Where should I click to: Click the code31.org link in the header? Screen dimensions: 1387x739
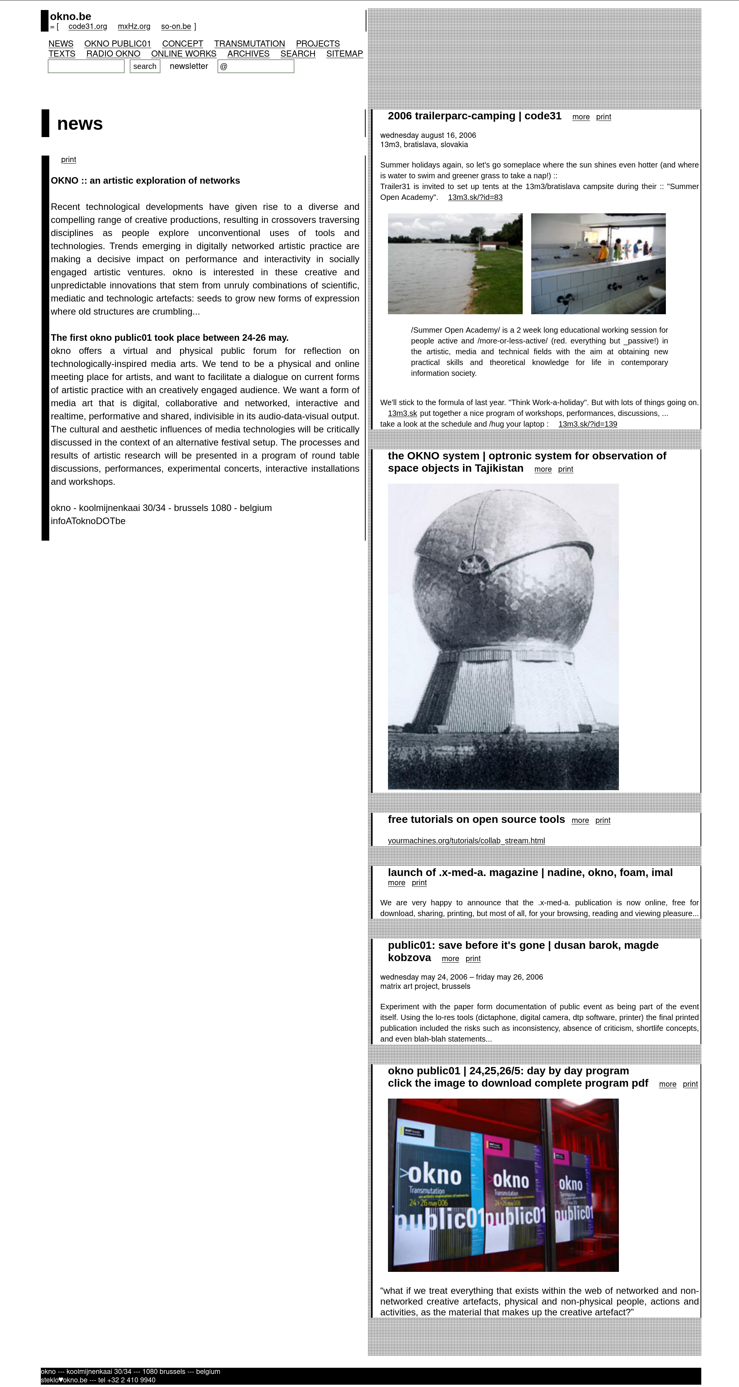(88, 27)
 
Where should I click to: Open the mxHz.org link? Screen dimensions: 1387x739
(134, 27)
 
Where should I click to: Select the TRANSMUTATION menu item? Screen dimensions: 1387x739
(249, 44)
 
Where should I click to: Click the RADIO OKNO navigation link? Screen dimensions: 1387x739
(113, 54)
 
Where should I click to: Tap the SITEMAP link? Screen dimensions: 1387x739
(344, 54)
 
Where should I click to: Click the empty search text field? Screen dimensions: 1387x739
(86, 66)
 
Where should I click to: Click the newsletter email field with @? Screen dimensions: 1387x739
(256, 66)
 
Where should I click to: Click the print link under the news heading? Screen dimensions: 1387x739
(69, 159)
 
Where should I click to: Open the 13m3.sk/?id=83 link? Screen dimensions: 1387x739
(475, 197)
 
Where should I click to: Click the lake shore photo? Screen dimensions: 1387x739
(455, 263)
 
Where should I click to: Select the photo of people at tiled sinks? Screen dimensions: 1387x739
(598, 263)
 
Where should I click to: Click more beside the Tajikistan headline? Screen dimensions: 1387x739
(543, 469)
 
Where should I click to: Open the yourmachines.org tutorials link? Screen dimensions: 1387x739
(466, 841)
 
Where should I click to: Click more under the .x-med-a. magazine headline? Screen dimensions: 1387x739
(396, 883)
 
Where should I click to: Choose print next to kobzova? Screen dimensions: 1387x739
(473, 958)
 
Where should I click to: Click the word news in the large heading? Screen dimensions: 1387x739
(80, 124)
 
